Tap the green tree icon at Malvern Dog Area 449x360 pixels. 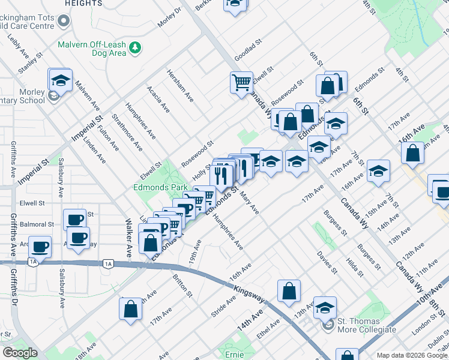[137, 47]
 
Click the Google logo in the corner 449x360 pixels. [20, 353]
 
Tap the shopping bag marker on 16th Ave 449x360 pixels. [414, 153]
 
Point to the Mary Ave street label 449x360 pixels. [249, 203]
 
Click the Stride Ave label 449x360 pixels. [223, 306]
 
